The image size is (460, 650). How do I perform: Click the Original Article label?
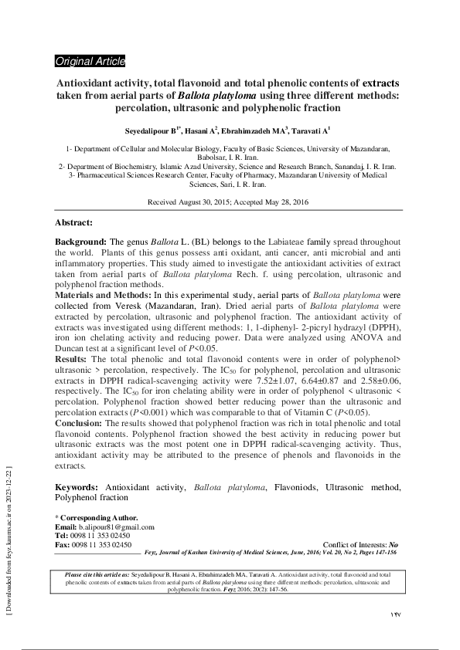click(90, 61)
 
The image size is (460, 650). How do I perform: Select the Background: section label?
click(80, 242)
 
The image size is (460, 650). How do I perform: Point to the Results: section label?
click(71, 360)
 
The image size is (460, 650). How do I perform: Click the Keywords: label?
click(77, 489)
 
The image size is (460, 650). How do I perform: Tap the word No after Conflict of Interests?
click(394, 544)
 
